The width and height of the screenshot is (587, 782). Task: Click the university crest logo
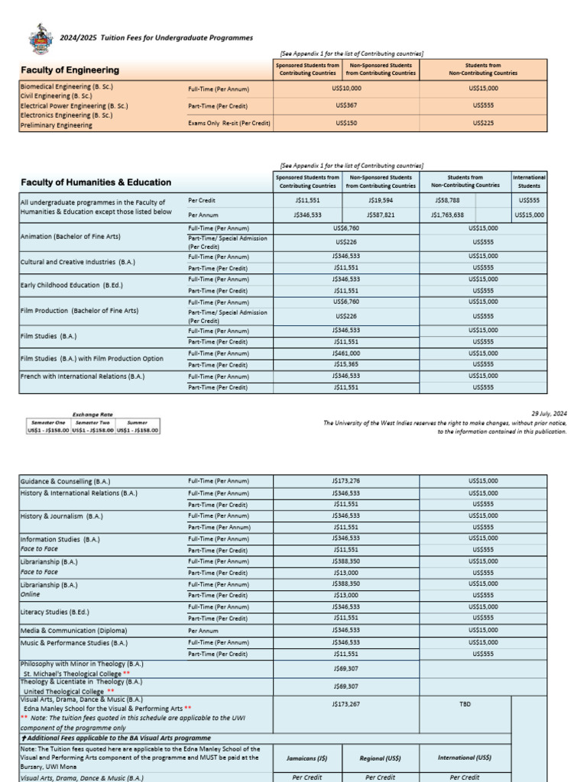click(41, 37)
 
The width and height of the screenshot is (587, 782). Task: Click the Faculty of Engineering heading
click(70, 70)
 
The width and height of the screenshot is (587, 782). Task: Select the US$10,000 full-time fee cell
click(345, 89)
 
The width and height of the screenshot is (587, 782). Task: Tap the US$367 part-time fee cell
click(345, 105)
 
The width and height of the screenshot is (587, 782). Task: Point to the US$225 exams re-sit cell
click(482, 122)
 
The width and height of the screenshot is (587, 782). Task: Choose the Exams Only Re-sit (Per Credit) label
click(229, 122)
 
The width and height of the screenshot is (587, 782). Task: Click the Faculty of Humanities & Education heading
click(96, 183)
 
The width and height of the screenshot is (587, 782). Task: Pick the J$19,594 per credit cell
click(380, 201)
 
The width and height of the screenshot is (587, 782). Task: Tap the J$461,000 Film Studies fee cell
click(345, 354)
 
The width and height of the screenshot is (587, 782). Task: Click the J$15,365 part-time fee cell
click(345, 364)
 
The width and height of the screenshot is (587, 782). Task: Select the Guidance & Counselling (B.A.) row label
click(65, 482)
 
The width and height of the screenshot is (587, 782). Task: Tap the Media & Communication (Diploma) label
click(73, 631)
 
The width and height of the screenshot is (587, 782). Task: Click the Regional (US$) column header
click(380, 758)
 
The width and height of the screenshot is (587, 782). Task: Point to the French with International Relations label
click(83, 376)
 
